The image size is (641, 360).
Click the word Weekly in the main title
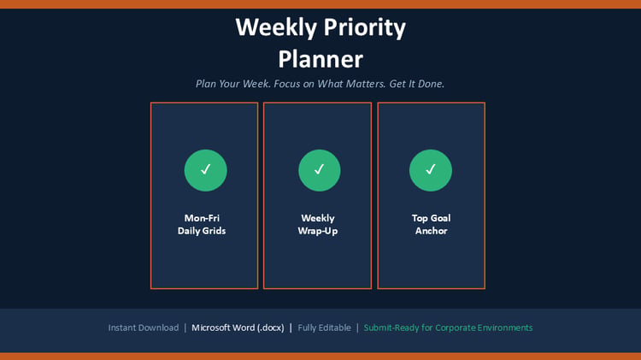point(276,28)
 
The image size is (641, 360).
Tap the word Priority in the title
point(365,28)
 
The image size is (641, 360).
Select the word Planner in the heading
point(320,59)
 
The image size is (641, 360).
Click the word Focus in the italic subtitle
point(287,84)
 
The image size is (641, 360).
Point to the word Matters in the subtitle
point(367,84)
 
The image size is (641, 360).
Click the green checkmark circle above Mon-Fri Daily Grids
point(206,170)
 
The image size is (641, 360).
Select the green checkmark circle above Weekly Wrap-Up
point(320,170)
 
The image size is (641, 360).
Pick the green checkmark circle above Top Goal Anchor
point(431,170)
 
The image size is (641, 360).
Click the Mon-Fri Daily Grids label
point(202,224)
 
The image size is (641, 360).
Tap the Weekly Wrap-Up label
point(318,224)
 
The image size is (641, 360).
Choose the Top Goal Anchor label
point(432,224)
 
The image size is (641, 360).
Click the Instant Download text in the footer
point(144,328)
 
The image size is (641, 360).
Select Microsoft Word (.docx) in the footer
point(238,328)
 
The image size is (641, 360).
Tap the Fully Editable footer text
point(324,328)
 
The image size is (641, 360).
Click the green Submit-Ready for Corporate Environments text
point(448,328)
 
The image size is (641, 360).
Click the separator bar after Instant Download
point(185,328)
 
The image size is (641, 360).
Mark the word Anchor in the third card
point(432,231)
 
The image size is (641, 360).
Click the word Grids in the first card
point(214,231)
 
